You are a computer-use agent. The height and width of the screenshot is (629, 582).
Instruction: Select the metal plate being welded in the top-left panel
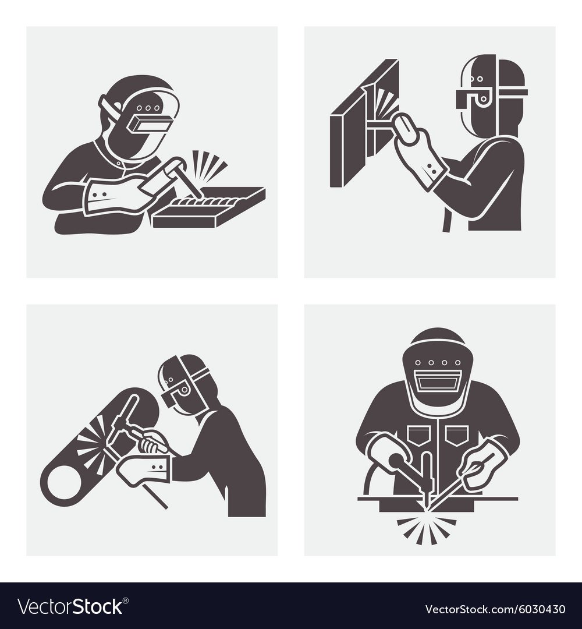point(209,207)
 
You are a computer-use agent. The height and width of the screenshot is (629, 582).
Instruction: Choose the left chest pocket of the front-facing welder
point(419,436)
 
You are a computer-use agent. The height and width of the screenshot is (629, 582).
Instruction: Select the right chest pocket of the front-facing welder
point(457,436)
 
